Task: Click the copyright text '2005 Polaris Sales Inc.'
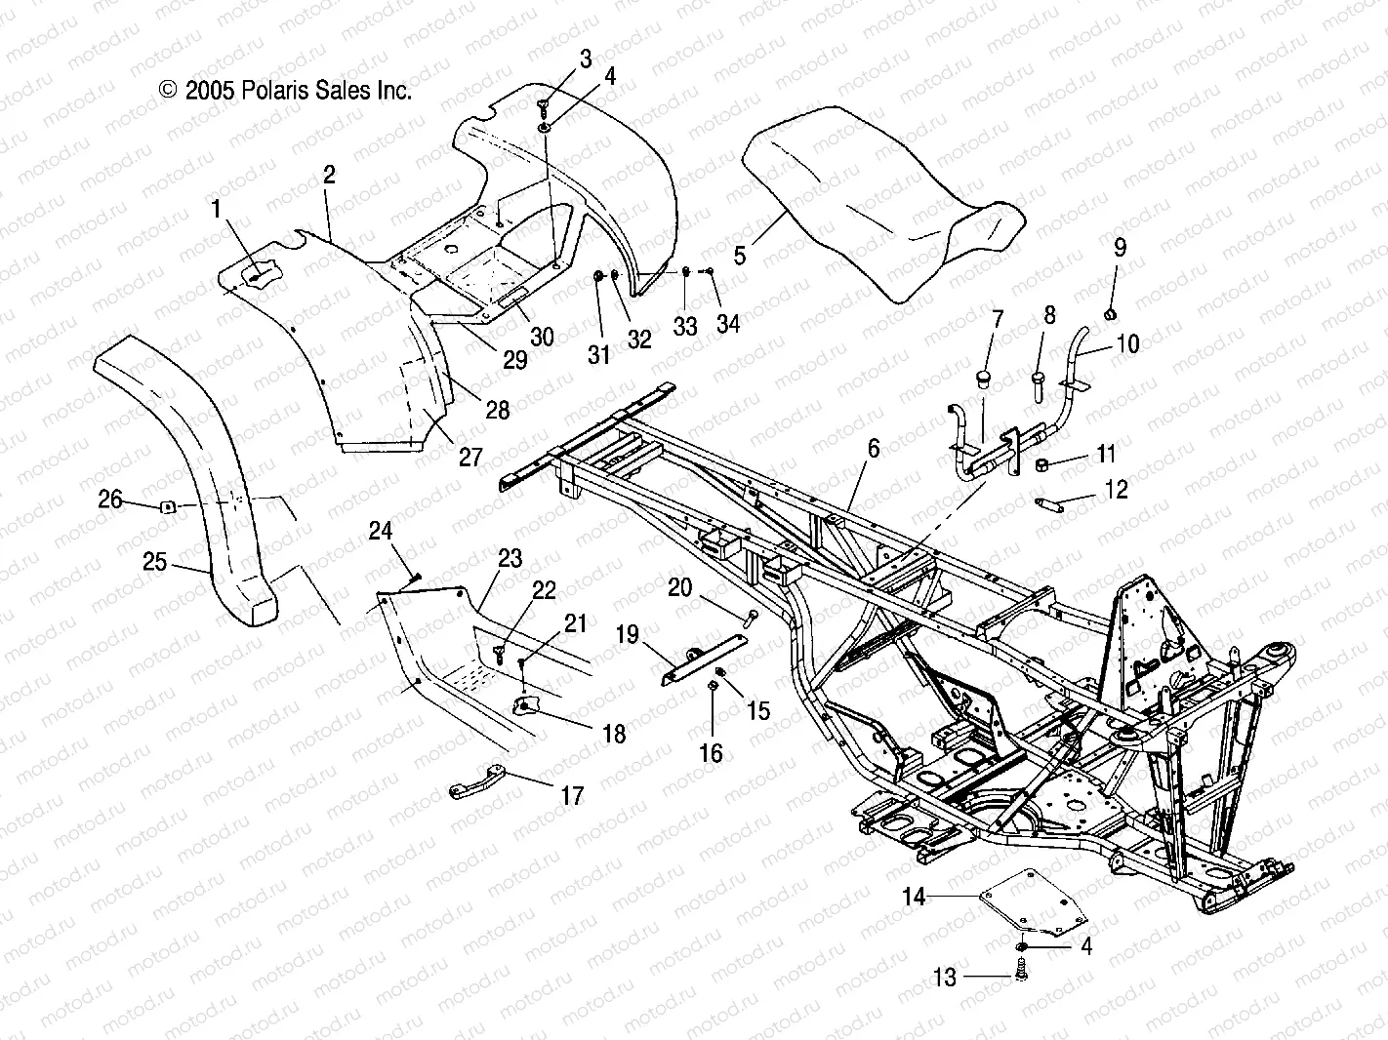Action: point(285,91)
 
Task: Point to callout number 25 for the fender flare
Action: point(154,562)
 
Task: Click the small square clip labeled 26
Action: point(167,505)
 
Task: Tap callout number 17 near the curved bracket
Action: point(573,795)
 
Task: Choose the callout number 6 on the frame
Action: point(873,448)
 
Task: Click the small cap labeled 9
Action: point(1111,312)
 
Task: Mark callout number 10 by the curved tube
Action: point(1127,343)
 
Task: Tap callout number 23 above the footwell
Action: point(510,559)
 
